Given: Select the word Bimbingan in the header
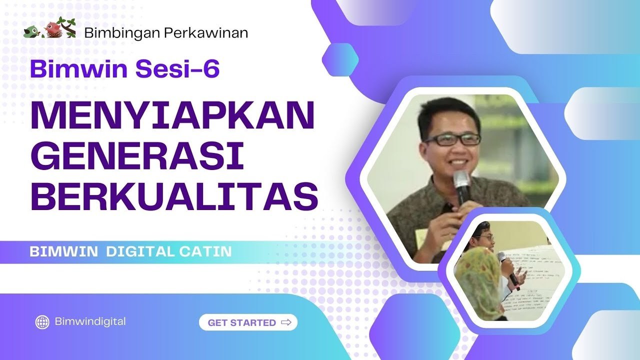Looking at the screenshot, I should (122, 33).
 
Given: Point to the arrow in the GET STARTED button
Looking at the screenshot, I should (286, 322).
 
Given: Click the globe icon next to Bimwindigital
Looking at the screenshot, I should (42, 322).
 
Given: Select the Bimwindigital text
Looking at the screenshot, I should (90, 321).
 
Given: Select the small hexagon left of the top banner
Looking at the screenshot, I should (340, 59).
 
